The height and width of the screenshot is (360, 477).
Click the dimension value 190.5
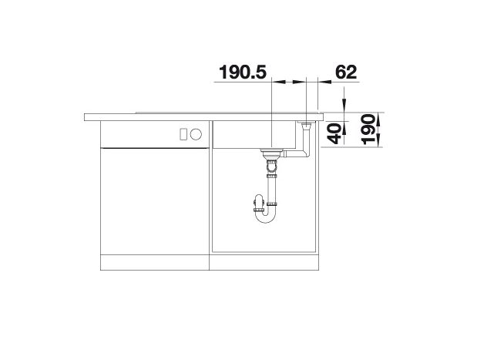(x=243, y=72)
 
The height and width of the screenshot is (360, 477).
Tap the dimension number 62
(x=346, y=72)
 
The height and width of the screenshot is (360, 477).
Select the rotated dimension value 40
(x=334, y=133)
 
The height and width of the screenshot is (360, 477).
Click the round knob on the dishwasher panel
(x=196, y=134)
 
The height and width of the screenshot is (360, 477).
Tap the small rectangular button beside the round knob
(x=183, y=134)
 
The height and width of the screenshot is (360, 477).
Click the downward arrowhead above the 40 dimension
(x=344, y=103)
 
